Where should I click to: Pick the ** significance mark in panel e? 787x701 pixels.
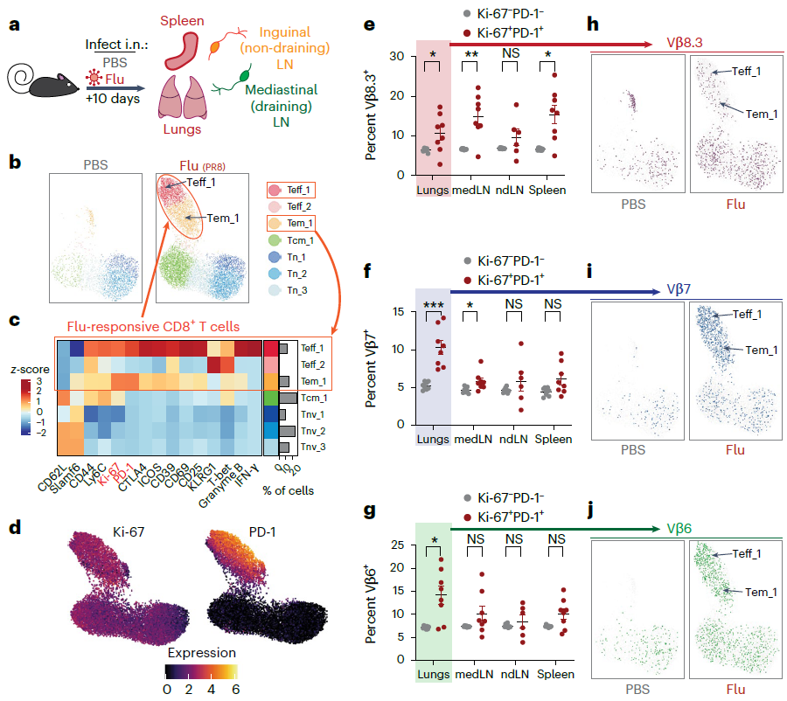click(472, 53)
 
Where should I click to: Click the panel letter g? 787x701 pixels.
click(370, 512)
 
